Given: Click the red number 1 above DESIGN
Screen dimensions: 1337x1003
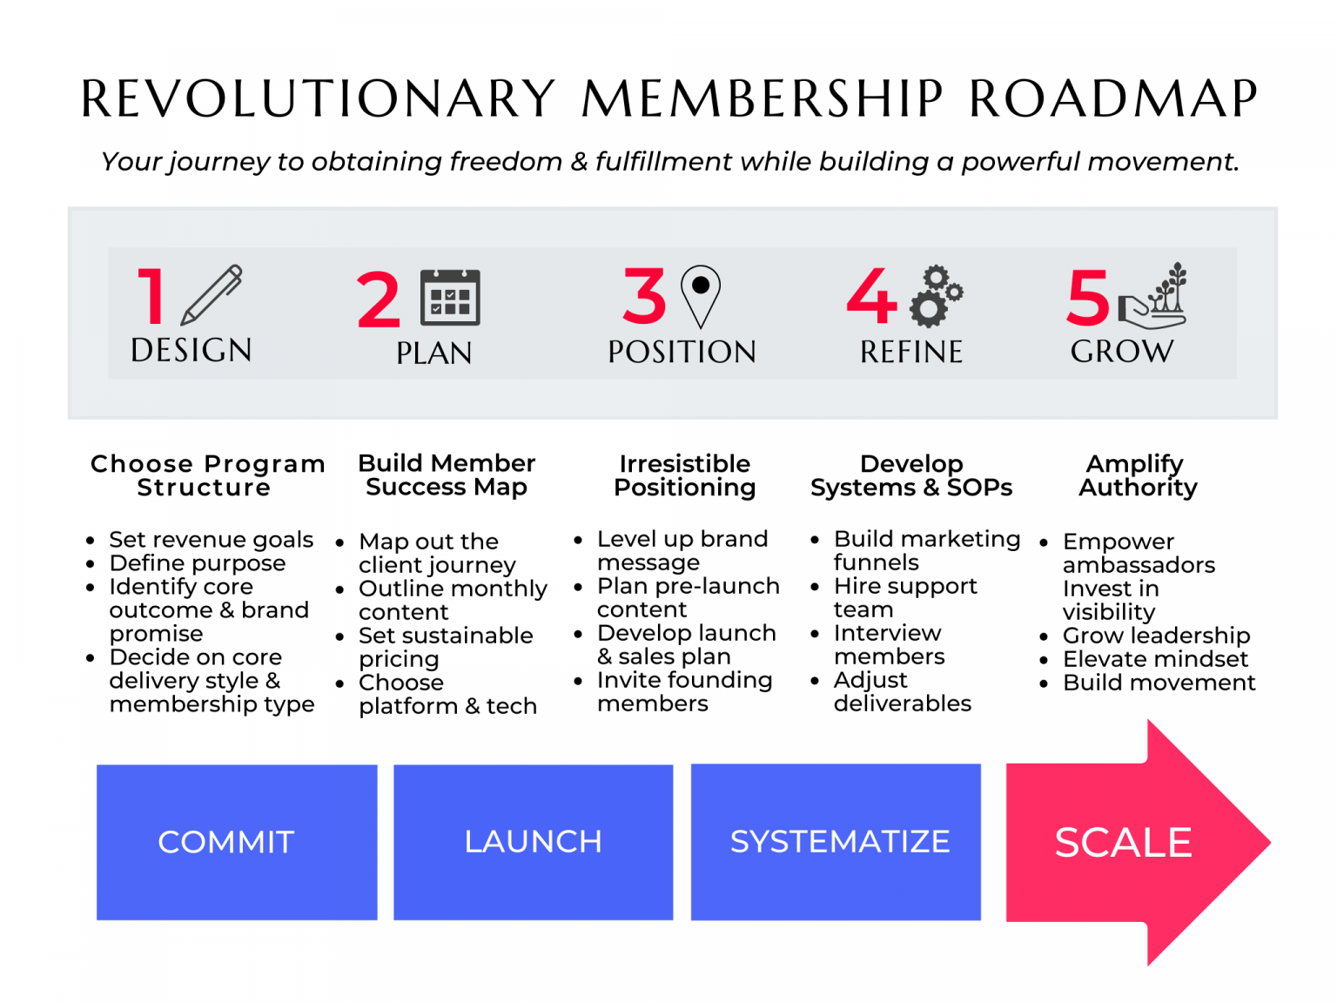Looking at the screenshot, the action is [x=151, y=296].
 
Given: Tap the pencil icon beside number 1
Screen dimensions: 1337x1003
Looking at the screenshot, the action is [x=212, y=295].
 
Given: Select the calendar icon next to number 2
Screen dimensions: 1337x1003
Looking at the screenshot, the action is [x=450, y=297].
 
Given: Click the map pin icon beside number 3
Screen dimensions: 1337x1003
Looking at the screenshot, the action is [x=701, y=297].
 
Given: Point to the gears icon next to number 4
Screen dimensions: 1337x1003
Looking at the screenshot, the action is [x=936, y=296].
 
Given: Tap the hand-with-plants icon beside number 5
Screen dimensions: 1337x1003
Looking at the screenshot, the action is [x=1152, y=296].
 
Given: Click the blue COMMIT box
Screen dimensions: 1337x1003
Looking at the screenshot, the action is [x=237, y=842].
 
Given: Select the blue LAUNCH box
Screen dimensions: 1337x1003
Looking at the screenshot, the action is [x=533, y=842].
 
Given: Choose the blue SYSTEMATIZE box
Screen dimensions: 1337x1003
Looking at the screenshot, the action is [x=836, y=842].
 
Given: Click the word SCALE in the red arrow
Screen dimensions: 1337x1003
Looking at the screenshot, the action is [x=1123, y=843].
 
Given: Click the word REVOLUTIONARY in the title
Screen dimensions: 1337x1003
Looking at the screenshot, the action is [x=318, y=98].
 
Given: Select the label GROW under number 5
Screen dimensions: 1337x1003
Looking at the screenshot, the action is [x=1122, y=352].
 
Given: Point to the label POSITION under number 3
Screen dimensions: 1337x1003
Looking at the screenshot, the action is [x=682, y=352].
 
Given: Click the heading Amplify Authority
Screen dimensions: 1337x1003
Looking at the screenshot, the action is [x=1137, y=475].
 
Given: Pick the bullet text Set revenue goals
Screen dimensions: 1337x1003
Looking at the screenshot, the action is [x=211, y=540].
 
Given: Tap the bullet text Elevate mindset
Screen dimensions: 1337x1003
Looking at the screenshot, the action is [x=1155, y=659].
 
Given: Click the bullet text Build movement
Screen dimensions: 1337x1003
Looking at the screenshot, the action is [x=1159, y=683].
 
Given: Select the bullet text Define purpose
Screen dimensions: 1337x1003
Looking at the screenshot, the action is [x=198, y=563].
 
